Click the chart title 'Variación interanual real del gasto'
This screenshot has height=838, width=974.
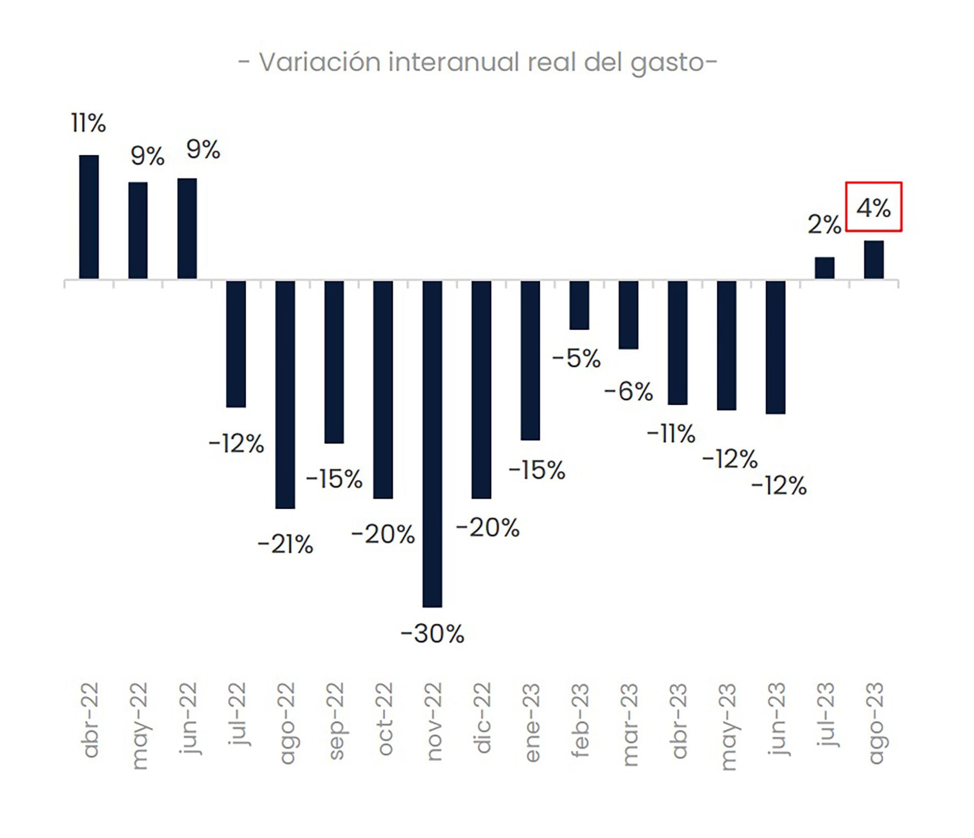[x=477, y=62]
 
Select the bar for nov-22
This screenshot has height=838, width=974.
[x=432, y=443]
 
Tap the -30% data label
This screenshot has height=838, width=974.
[x=432, y=634]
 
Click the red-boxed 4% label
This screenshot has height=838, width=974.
[x=874, y=207]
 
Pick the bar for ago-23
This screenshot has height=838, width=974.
[x=874, y=260]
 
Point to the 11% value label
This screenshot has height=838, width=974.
[x=88, y=123]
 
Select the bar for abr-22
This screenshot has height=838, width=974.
[x=89, y=217]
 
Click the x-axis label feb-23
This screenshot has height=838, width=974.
[x=580, y=720]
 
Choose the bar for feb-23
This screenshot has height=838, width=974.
[x=579, y=305]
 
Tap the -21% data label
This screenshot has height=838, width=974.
[x=285, y=545]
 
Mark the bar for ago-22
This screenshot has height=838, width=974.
[x=285, y=394]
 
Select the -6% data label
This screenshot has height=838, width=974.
[x=629, y=392]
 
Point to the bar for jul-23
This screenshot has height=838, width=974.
[x=824, y=268]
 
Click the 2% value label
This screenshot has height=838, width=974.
[x=824, y=224]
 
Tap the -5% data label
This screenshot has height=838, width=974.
[x=576, y=359]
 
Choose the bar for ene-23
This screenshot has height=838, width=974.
[x=530, y=360]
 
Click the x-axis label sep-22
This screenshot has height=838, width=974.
[x=335, y=720]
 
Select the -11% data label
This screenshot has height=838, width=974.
[x=671, y=434]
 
